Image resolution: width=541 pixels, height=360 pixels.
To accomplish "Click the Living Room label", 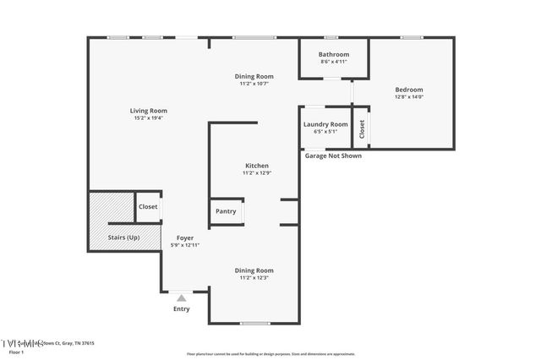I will tap(148, 111).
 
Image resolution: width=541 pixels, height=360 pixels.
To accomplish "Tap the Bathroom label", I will tap(334, 54).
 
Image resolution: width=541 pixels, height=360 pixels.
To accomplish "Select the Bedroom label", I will tap(409, 90).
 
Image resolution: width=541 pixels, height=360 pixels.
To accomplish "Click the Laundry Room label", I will tap(325, 124).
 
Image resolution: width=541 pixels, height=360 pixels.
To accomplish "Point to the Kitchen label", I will tap(257, 166).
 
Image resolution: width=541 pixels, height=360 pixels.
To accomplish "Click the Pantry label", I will tap(226, 211).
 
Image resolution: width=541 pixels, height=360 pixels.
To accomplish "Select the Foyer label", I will tap(185, 237).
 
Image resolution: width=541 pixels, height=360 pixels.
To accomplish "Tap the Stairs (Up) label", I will tap(123, 237).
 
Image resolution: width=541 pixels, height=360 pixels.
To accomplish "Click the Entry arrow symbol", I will tap(181, 297).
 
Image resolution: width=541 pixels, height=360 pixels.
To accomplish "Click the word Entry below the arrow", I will tap(181, 308).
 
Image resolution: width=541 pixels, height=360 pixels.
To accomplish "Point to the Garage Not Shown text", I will tap(332, 155).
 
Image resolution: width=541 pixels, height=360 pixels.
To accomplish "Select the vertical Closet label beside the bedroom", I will tap(362, 128).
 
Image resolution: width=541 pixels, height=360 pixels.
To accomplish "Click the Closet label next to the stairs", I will tap(148, 206).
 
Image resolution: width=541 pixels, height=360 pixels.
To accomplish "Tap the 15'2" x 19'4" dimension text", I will tap(148, 118).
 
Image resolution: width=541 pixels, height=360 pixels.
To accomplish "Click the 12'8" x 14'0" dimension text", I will tap(409, 97).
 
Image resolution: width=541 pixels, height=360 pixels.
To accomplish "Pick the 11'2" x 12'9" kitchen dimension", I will tap(257, 173).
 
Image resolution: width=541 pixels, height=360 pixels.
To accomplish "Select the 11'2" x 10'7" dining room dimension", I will tap(254, 84).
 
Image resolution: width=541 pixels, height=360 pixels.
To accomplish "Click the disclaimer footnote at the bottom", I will tap(270, 354).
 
